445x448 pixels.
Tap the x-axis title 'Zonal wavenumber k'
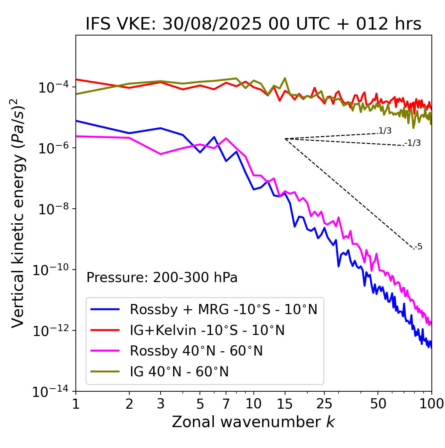[x=253, y=422]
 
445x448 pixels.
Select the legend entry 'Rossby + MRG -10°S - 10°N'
[x=224, y=309]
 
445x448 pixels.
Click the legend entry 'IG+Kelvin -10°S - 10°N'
[x=207, y=330]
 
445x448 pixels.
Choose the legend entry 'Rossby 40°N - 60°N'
[x=196, y=351]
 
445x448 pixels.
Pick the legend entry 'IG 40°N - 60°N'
[x=179, y=372]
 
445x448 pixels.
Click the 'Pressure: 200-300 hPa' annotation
[x=162, y=278]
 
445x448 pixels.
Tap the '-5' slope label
[x=419, y=247]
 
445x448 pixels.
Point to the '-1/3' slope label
[x=413, y=143]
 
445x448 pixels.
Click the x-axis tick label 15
[x=285, y=404]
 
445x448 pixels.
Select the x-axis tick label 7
[x=226, y=404]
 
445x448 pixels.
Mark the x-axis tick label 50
[x=378, y=404]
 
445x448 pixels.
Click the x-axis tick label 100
[x=431, y=404]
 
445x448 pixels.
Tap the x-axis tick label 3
[x=160, y=404]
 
